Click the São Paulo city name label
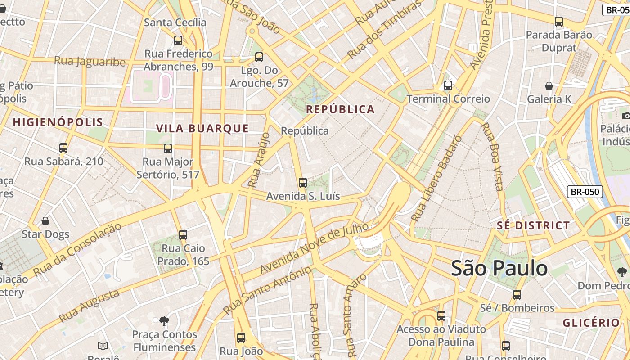499,268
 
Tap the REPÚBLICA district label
340,109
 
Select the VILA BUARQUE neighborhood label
202,128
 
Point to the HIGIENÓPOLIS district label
58,122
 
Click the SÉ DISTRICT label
533,225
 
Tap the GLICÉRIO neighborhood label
591,322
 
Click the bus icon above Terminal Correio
448,85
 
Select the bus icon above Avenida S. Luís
303,182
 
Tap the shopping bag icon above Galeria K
549,85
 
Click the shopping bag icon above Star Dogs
45,220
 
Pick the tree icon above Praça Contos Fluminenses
164,321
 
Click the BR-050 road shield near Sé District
585,192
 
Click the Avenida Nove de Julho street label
314,248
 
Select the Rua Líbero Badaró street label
436,179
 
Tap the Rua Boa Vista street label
492,157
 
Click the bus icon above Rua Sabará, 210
63,148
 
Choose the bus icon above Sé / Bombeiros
517,294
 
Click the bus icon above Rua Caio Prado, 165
183,234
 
